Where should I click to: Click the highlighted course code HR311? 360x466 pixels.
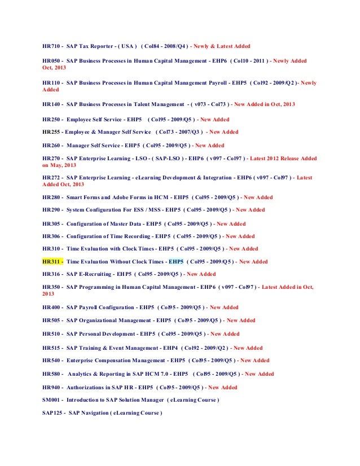pos(52,262)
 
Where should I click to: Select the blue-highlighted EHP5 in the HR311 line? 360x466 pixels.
pos(177,262)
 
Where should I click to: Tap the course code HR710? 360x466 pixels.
pos(52,46)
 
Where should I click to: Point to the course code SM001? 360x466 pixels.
pos(52,400)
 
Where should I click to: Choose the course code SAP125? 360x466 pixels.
pos(52,413)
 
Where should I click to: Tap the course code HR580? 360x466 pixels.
pos(52,374)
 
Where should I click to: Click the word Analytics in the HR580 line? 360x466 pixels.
pos(82,374)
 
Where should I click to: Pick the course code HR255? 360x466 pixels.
pos(52,132)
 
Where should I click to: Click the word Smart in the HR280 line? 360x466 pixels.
pos(76,197)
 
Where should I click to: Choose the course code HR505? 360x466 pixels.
pos(52,320)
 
